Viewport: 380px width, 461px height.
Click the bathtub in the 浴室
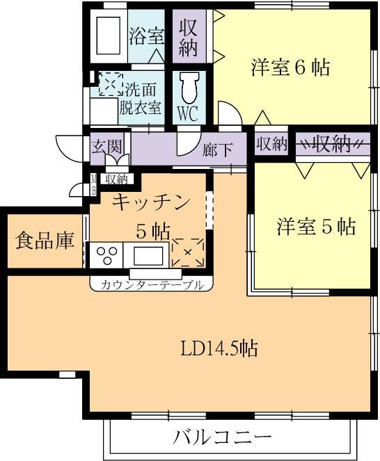click(x=109, y=35)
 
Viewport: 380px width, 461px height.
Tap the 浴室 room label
click(x=146, y=36)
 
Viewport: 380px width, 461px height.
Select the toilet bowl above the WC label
click(x=189, y=87)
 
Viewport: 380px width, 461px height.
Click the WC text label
click(x=189, y=113)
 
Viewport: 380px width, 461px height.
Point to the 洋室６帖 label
click(x=290, y=67)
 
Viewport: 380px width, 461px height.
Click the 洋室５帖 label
click(x=316, y=227)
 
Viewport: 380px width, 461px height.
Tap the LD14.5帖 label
click(x=219, y=348)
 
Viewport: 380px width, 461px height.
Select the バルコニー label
click(x=222, y=437)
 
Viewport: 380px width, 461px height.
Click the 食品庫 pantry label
click(x=45, y=241)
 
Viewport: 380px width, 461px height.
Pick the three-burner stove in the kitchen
click(x=106, y=254)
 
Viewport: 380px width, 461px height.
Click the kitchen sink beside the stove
click(x=148, y=255)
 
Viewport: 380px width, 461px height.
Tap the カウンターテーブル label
click(x=152, y=284)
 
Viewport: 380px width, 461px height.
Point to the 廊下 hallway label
click(x=218, y=150)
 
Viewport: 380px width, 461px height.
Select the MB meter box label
click(x=93, y=185)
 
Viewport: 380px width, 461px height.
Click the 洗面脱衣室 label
click(x=141, y=99)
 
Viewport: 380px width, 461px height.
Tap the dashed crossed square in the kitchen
click(x=188, y=252)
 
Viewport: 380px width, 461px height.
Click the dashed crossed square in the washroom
click(x=111, y=84)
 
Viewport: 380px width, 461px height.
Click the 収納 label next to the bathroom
click(x=189, y=38)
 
